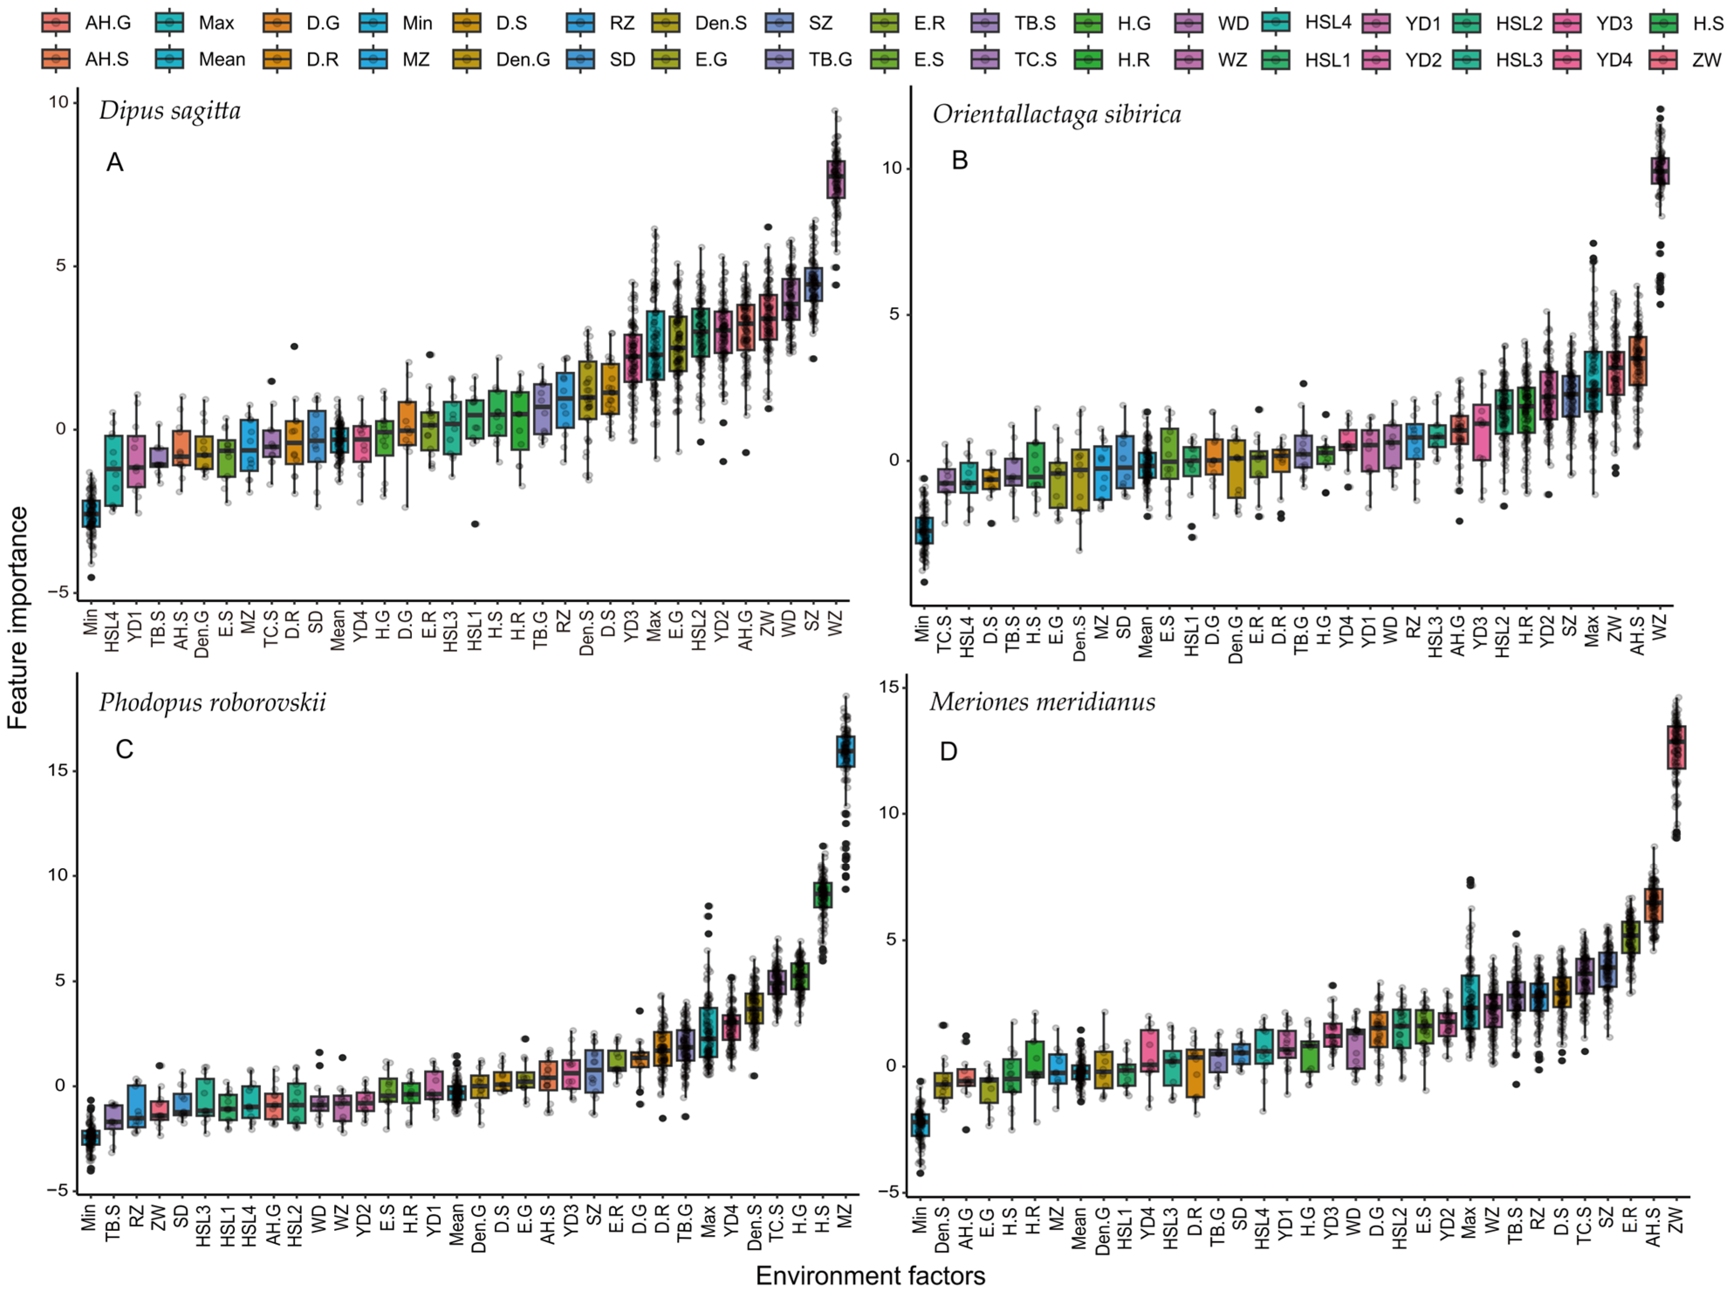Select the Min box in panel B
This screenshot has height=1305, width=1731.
tap(924, 530)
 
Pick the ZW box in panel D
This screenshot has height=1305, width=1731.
tap(1676, 748)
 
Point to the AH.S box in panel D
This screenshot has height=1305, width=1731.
tap(1653, 905)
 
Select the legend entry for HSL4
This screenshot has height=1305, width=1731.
tap(1307, 23)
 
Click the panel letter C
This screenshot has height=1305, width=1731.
tap(124, 749)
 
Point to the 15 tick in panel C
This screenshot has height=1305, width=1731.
tap(58, 770)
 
